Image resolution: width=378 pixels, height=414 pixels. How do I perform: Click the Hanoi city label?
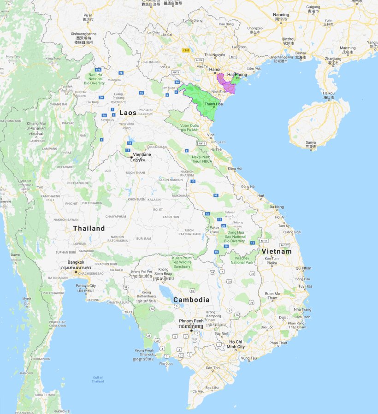[215, 69]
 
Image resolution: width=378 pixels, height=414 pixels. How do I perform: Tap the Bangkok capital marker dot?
[76, 272]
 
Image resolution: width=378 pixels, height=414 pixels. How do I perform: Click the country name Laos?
[128, 112]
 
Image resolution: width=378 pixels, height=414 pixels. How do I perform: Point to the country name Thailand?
[89, 228]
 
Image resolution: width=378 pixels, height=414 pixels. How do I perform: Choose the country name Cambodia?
[191, 300]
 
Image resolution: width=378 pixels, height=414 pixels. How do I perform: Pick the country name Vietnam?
[277, 251]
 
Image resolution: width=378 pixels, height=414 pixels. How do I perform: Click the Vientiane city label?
[142, 155]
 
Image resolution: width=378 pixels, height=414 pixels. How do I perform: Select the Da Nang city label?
[277, 207]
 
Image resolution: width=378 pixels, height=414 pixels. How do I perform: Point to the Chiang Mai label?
[36, 124]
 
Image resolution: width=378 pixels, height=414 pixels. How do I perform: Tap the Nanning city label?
[281, 15]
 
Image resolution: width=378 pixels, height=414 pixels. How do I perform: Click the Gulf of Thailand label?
[98, 379]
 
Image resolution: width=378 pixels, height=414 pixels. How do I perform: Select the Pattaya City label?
[86, 286]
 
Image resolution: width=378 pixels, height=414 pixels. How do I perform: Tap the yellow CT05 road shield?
[186, 50]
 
